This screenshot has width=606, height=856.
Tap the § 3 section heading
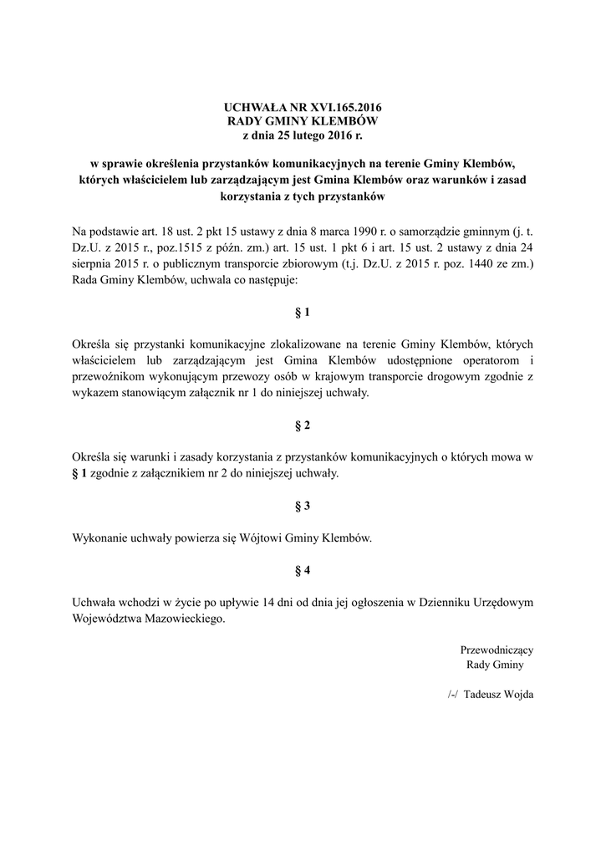click(303, 507)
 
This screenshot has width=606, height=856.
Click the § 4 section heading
click(303, 571)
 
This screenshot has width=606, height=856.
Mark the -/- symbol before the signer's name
click(454, 695)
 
